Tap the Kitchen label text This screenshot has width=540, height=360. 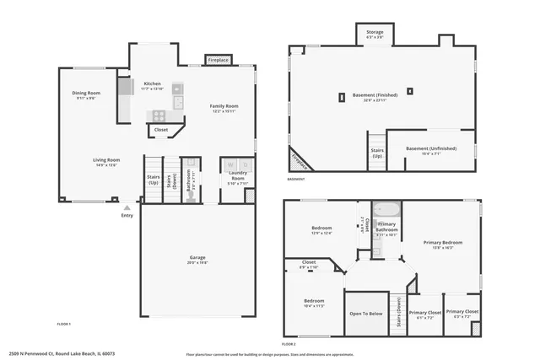click(153, 84)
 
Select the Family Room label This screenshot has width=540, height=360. click(224, 106)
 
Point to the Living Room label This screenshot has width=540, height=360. click(105, 159)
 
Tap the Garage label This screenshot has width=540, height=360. click(197, 258)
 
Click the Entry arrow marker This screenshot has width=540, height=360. click(127, 207)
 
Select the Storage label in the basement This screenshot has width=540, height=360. click(375, 32)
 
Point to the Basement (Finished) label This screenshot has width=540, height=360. click(374, 95)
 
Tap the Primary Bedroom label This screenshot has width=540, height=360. click(443, 243)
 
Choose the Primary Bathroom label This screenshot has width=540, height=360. click(386, 227)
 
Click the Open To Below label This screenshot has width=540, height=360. click(366, 314)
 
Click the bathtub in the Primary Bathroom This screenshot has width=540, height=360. click(386, 208)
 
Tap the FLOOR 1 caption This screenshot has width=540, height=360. click(64, 325)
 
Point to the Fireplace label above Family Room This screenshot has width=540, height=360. click(218, 61)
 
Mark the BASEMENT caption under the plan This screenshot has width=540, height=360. click(295, 180)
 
